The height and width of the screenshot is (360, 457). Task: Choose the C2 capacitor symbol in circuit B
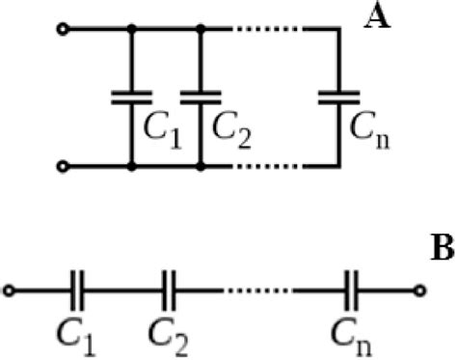[168, 289]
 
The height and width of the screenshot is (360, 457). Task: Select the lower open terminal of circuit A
[63, 167]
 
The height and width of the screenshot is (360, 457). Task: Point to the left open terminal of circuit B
[11, 289]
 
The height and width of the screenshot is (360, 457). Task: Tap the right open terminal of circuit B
[418, 289]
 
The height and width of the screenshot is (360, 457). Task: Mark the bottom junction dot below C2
[200, 167]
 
